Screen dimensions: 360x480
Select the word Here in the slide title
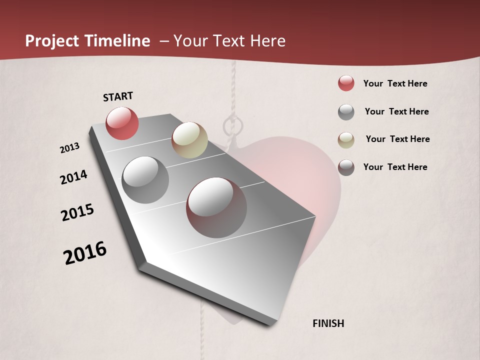(x=267, y=41)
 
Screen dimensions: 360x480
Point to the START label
(x=118, y=96)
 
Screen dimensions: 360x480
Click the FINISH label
(x=328, y=323)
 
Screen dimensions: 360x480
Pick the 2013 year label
(x=70, y=148)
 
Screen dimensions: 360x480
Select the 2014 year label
(x=74, y=177)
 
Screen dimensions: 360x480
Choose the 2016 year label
(x=85, y=252)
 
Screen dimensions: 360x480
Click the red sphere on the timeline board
(x=122, y=123)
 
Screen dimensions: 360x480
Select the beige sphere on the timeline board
(x=189, y=140)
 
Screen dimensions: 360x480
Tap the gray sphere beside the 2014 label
(x=145, y=180)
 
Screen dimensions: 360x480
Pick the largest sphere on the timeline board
(x=216, y=207)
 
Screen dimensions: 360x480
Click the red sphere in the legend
(x=346, y=83)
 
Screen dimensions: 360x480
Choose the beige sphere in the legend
(x=346, y=139)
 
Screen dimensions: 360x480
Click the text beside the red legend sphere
(x=395, y=84)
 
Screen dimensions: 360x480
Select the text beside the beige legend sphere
(x=397, y=139)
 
